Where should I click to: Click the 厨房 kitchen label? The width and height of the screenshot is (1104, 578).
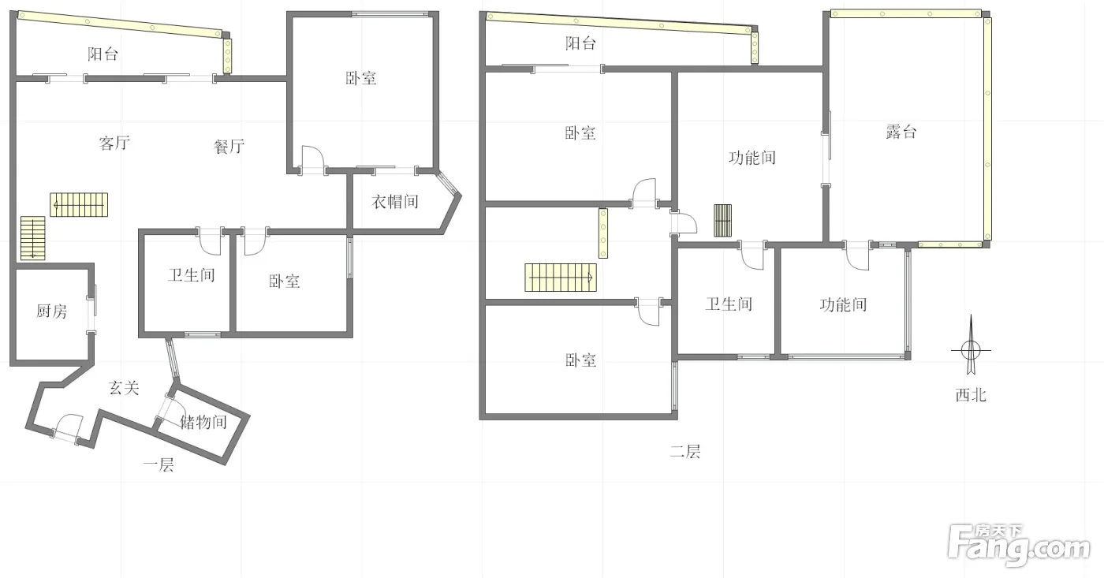coord(52,311)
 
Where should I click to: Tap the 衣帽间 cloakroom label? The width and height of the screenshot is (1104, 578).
coord(395,202)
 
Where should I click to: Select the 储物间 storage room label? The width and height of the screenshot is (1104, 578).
coord(203,422)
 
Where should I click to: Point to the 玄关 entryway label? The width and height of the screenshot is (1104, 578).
coord(124,388)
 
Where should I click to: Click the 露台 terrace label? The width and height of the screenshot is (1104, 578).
coord(901,132)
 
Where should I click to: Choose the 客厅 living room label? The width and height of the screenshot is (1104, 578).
coord(114,143)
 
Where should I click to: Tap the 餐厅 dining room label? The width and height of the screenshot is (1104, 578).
coord(229,147)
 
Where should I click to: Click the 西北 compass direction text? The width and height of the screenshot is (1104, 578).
coord(971,395)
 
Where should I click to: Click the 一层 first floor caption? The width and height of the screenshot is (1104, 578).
coord(159,464)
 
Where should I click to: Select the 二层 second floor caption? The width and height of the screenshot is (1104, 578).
coord(685,451)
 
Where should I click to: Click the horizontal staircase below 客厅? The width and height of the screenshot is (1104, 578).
coord(79,204)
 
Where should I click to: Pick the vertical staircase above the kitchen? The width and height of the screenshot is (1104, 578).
coord(32,238)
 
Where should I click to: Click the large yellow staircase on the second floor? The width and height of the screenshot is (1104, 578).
coord(561,278)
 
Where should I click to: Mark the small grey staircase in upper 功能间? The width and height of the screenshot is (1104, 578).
coord(722,220)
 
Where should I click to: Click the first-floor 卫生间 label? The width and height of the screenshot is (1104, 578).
coord(191,275)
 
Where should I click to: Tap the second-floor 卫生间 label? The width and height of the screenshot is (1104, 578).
coord(729,304)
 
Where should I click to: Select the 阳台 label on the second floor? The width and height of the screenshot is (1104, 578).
coord(580,43)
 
